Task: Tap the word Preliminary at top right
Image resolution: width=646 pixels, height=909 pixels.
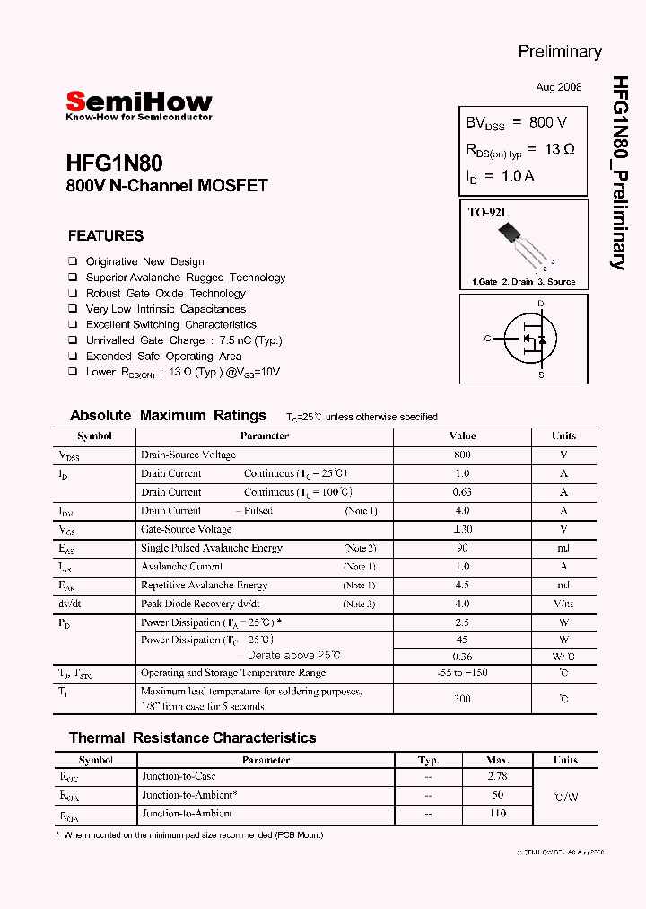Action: tap(559, 51)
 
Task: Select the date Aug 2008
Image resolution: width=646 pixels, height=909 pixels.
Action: tap(558, 87)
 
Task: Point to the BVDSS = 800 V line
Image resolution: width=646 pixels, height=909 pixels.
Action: tap(515, 123)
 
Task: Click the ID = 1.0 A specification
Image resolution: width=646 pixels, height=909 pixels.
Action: tap(500, 176)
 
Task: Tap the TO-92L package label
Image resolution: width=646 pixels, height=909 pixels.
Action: tap(487, 213)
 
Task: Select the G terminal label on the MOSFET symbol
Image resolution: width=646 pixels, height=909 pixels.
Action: tap(487, 339)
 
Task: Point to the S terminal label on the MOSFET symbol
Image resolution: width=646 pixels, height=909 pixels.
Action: tap(540, 375)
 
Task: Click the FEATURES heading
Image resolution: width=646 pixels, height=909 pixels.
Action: tap(105, 236)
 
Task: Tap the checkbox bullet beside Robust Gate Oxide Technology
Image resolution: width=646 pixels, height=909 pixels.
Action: tap(73, 294)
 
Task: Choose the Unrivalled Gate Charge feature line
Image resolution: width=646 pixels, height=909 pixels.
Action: tap(183, 340)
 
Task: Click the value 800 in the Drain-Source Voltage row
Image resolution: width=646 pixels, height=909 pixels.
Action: tap(462, 454)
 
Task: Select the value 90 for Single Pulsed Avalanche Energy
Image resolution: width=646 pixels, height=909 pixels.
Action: tap(462, 548)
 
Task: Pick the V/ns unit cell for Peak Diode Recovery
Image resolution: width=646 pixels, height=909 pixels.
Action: tap(563, 604)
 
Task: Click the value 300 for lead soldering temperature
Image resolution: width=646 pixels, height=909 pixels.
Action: tap(462, 698)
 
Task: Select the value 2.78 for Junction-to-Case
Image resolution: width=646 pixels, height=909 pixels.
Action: tap(497, 776)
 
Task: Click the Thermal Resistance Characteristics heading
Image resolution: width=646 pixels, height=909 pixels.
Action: tap(192, 738)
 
